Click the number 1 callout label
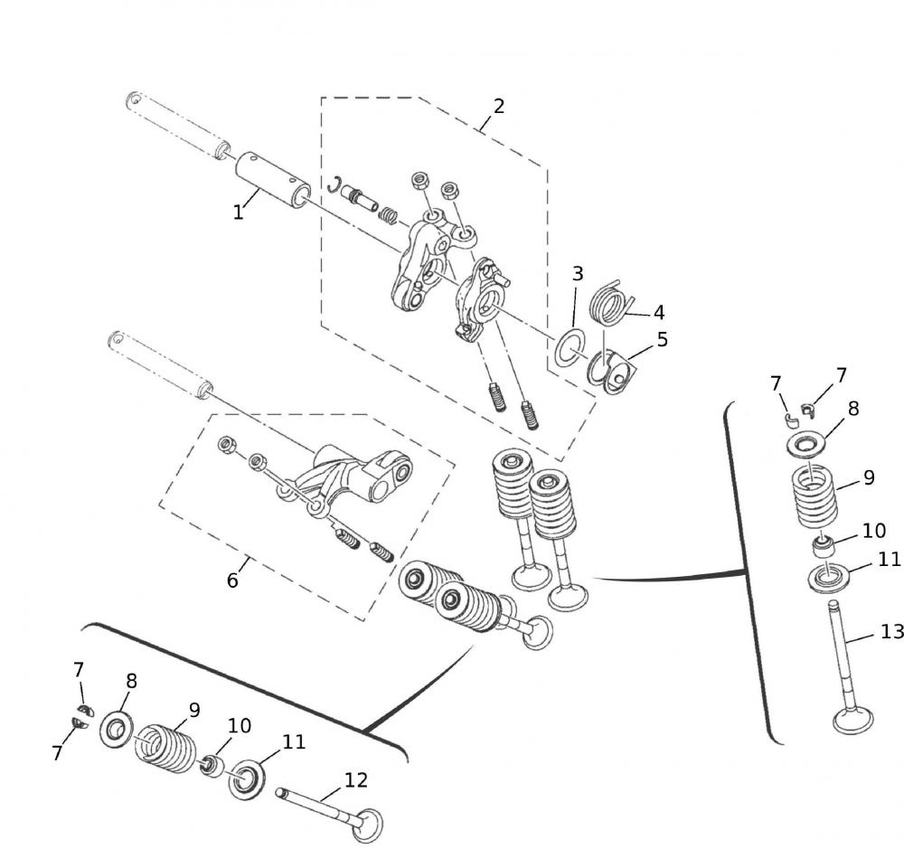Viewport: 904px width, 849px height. coord(238,212)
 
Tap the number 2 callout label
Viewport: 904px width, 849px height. coord(498,106)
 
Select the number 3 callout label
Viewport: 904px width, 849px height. coord(578,274)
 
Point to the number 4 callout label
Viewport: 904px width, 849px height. coord(659,313)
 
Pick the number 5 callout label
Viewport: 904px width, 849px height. coord(663,340)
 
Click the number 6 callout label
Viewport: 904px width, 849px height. coord(232,580)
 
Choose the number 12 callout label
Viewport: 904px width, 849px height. coord(356,779)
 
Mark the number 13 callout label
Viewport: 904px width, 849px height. coord(891,631)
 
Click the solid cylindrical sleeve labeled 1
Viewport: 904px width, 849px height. coord(273,181)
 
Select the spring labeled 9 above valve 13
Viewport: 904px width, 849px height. coord(815,498)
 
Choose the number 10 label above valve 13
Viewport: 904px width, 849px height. coord(873,531)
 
